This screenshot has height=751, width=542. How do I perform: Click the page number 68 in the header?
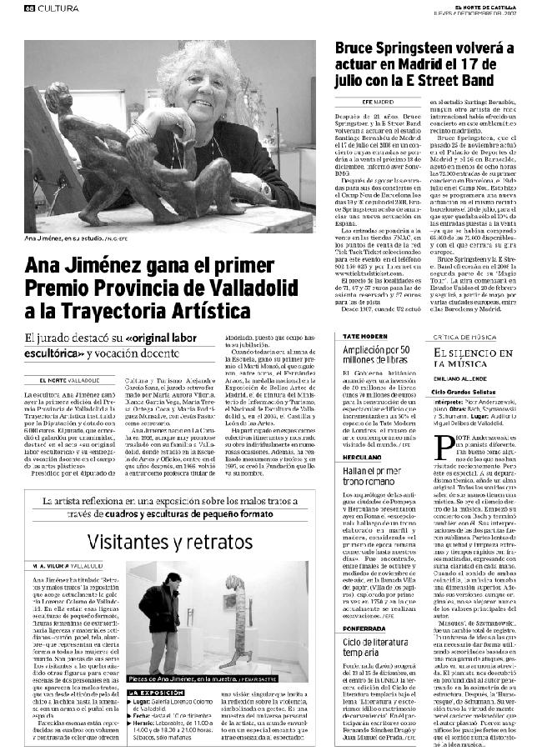point(29,8)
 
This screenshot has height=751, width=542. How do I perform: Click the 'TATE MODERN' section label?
point(363,335)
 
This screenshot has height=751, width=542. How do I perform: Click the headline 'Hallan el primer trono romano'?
point(378,478)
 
